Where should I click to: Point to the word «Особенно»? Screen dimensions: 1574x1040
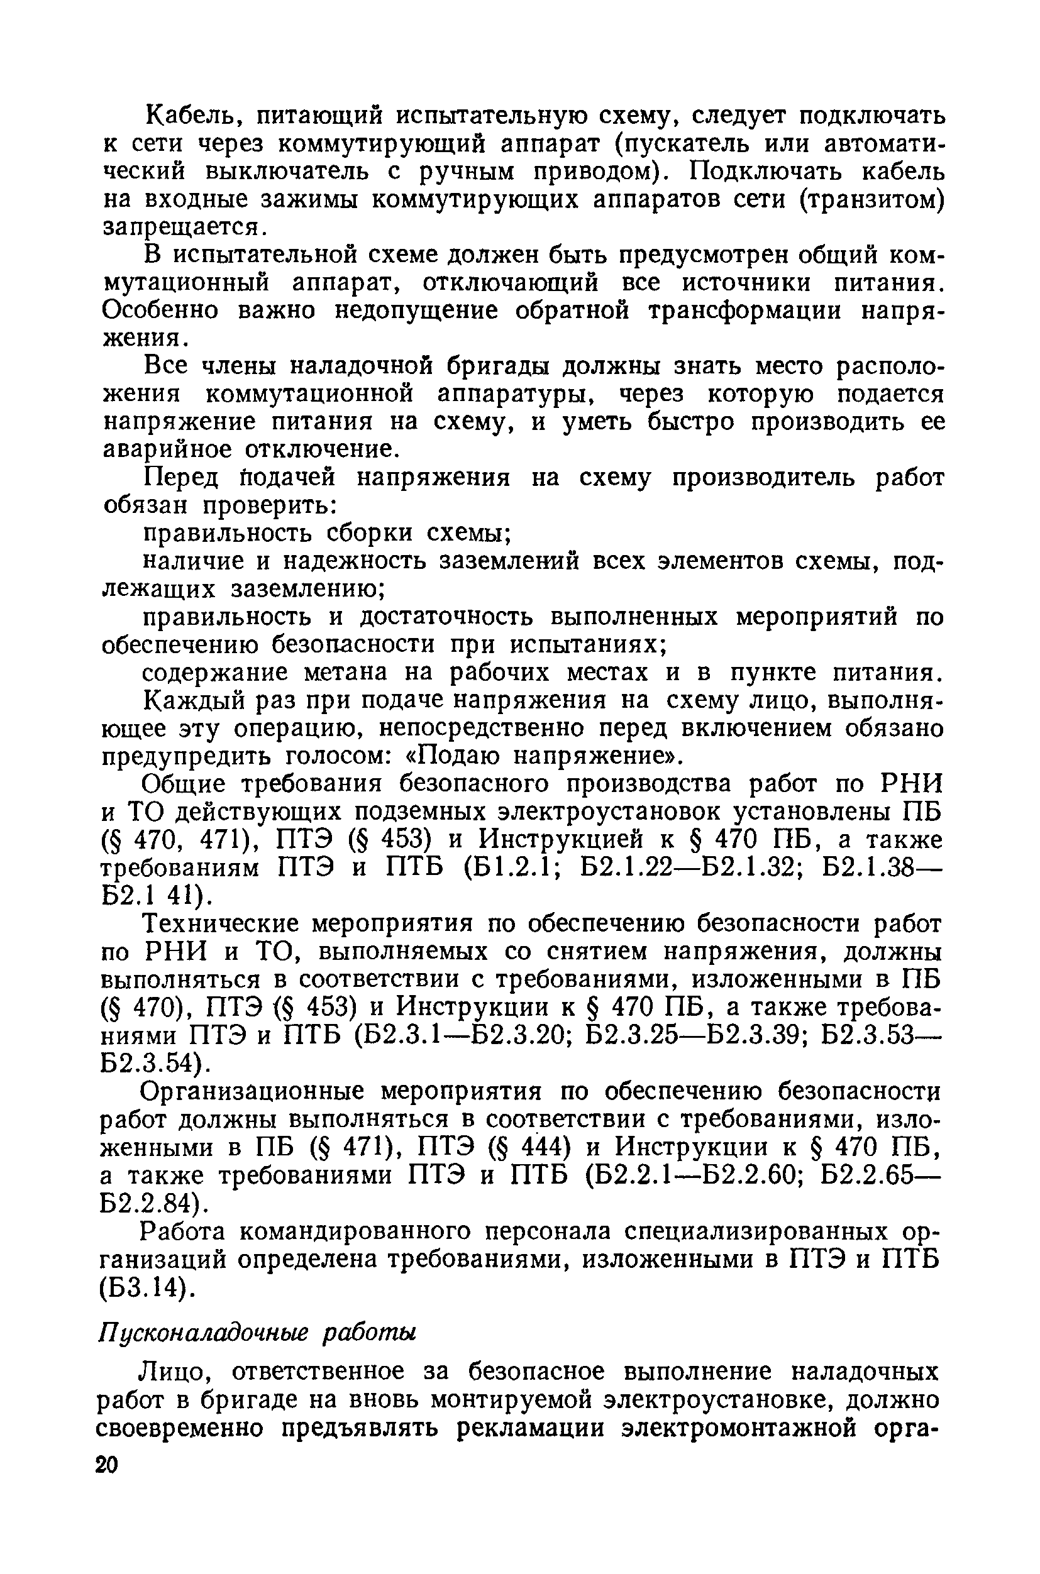pos(160,311)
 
